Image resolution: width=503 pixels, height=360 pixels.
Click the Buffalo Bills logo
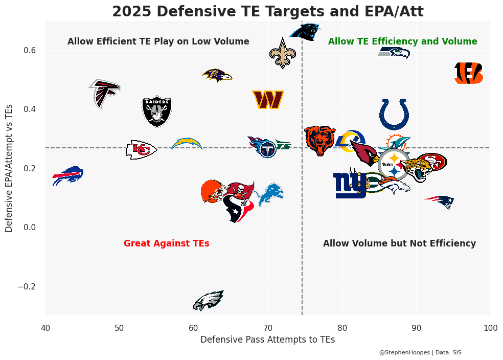68,175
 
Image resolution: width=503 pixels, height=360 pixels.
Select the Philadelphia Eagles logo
208,301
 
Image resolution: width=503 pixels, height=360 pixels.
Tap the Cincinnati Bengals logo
469,73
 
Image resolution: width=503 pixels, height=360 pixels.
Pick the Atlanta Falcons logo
105,93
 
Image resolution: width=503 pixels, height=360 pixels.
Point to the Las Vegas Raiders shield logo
157,111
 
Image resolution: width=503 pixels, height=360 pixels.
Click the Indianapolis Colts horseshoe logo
394,114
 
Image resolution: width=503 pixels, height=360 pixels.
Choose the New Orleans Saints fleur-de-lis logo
282,53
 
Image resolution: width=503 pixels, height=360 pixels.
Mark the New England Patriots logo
440,201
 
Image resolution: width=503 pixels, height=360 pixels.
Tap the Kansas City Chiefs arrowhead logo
141,149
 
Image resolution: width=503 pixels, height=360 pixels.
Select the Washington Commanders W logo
268,100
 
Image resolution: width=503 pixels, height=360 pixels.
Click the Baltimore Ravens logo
217,75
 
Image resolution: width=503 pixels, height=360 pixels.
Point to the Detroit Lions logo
270,194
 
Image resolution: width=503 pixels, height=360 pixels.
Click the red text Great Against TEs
167,244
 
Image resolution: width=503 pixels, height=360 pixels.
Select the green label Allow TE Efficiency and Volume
402,41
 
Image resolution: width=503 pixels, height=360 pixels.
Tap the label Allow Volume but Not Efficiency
399,244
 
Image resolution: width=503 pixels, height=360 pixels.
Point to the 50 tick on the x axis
120,327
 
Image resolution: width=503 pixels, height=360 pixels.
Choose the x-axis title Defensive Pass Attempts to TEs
267,340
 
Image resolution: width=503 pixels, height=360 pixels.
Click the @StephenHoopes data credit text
420,352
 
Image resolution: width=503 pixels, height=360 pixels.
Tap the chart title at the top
267,11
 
